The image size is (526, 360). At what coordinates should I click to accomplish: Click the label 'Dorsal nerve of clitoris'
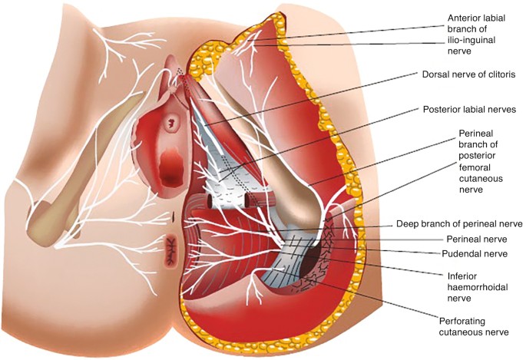coord(468,74)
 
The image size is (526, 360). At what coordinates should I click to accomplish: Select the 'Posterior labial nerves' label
coord(469,110)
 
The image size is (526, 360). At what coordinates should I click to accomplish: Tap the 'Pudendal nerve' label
coord(475,254)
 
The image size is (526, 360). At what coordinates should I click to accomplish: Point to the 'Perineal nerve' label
coord(477,239)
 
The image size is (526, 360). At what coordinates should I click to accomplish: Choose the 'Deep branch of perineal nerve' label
coord(459,223)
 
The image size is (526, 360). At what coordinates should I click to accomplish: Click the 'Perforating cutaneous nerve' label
coord(474,327)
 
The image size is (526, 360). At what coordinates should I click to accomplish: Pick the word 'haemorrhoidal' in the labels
coord(478,287)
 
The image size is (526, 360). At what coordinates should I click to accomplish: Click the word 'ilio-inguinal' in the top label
coord(471,40)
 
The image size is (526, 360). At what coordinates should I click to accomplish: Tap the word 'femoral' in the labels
coord(475,167)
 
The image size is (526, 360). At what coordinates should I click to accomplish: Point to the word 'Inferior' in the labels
coord(462,276)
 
